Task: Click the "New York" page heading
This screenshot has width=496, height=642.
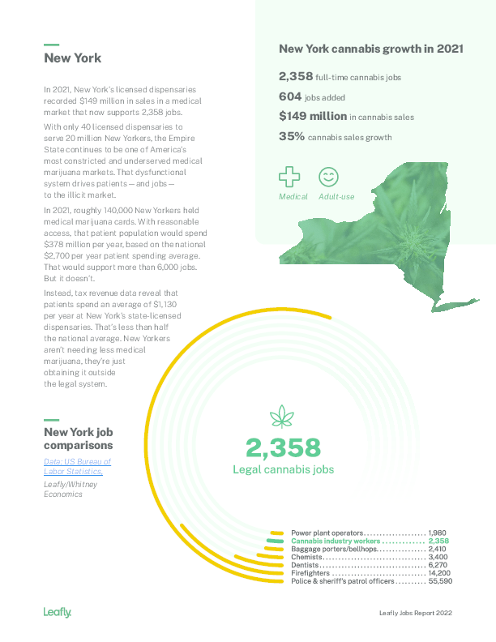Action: click(72, 58)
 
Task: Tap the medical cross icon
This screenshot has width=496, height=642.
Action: click(289, 177)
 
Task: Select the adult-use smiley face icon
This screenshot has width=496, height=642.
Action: click(328, 177)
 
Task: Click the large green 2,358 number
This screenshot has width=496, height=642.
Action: click(283, 447)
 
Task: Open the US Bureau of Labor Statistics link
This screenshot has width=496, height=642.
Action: click(77, 466)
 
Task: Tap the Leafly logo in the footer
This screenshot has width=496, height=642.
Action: click(58, 612)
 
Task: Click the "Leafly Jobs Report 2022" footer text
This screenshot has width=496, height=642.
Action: click(415, 613)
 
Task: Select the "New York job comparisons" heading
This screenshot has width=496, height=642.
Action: click(78, 439)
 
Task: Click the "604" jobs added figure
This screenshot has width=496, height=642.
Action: click(290, 96)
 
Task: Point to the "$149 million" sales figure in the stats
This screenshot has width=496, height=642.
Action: click(312, 116)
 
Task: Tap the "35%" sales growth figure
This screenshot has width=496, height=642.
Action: click(292, 137)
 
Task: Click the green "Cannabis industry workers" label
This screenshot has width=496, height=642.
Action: click(336, 541)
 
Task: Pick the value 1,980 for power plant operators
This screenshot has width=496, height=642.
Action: click(438, 533)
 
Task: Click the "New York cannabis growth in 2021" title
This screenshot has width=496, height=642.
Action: click(371, 49)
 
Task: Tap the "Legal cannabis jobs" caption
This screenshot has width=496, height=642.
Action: click(283, 469)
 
